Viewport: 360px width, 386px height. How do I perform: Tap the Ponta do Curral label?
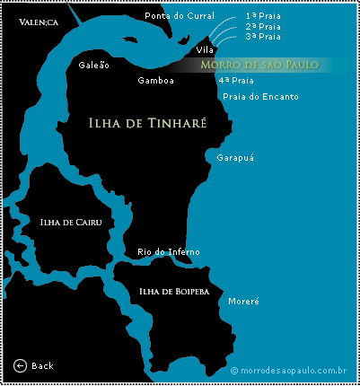[x=180, y=17]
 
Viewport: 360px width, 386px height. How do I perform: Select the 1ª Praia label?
[x=262, y=17]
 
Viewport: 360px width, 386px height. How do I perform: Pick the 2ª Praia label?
[x=262, y=27]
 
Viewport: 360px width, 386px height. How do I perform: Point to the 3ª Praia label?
[x=262, y=37]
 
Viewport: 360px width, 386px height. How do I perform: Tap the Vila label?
[x=205, y=49]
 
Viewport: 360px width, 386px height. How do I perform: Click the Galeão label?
[x=94, y=66]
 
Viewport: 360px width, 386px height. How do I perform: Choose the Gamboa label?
[x=155, y=80]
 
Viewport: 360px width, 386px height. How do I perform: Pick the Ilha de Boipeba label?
[x=174, y=291]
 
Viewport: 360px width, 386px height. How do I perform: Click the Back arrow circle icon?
[x=21, y=365]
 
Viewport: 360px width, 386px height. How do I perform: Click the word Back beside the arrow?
[x=42, y=366]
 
